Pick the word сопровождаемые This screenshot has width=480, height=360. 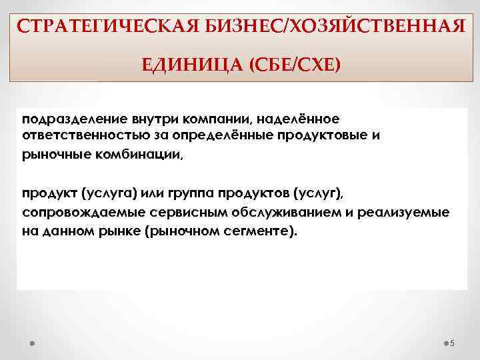pyautogui.click(x=76, y=213)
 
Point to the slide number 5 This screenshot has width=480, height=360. pyautogui.click(x=452, y=343)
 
